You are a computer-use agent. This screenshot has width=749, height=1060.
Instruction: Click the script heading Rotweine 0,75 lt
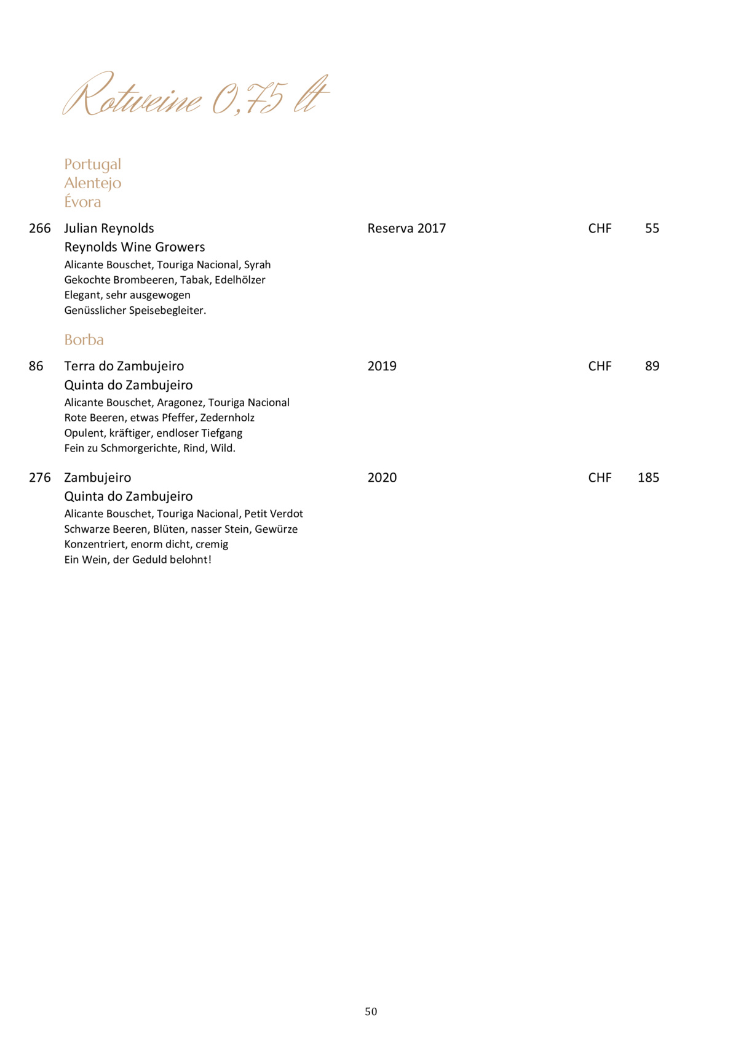point(196,96)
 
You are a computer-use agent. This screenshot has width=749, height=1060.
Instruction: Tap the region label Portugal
point(92,164)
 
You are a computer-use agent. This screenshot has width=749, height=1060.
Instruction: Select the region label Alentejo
point(92,183)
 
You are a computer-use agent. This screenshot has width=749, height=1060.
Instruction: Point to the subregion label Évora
point(82,202)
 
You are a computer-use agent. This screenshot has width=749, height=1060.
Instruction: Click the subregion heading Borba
point(84,340)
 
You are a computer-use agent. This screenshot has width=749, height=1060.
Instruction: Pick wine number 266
point(40,228)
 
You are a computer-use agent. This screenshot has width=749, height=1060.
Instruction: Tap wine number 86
point(36,366)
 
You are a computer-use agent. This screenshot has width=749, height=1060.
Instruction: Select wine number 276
point(40,477)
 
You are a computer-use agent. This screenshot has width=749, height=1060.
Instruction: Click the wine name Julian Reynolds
point(109,228)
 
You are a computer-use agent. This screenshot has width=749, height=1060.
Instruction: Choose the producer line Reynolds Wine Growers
point(135,247)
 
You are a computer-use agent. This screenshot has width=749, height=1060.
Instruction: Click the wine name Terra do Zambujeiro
point(124,366)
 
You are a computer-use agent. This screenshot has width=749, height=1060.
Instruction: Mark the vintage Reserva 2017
point(406,228)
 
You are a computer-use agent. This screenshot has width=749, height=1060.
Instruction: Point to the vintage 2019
point(382,366)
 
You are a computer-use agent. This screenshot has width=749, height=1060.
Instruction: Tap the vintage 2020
point(382,477)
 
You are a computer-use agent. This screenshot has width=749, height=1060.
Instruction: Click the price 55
point(652,228)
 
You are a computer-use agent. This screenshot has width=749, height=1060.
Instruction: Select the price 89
point(652,366)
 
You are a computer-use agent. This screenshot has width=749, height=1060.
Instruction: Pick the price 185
point(648,477)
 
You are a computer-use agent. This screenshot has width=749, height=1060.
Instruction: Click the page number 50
point(371,1011)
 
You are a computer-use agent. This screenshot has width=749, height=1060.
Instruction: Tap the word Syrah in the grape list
point(257,265)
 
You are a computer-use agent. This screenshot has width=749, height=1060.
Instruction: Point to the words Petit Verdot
point(274,514)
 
